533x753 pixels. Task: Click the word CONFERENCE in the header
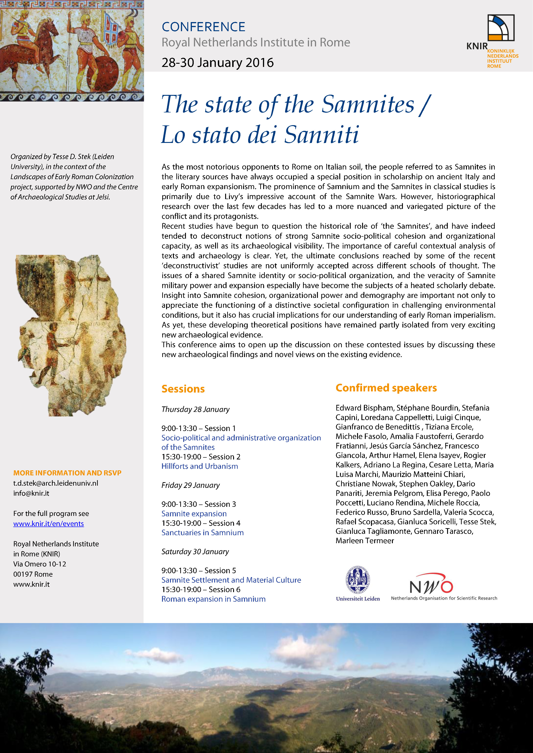point(203,27)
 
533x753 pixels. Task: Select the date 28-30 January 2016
point(217,63)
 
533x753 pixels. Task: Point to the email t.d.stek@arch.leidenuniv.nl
point(56,483)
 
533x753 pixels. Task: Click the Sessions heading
point(183,389)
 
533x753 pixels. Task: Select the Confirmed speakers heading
point(386,388)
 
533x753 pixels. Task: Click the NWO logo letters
point(431,585)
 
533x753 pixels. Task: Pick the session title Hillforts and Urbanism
point(199,466)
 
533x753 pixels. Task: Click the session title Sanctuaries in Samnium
point(202,533)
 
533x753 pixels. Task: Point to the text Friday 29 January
point(191,485)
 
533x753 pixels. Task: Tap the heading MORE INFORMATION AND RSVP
point(67,473)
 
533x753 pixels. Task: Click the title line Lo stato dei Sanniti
point(260,135)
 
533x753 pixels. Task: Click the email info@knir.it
point(31,493)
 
